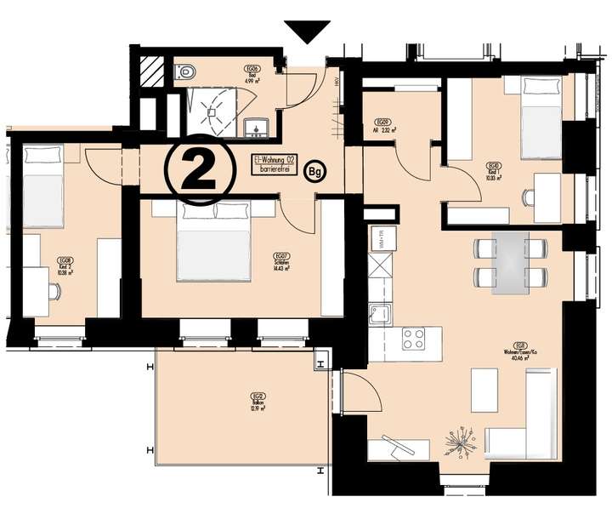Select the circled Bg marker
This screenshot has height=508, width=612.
point(315,171)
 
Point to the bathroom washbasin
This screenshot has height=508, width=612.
point(256,128)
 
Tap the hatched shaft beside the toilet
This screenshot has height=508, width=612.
point(154,69)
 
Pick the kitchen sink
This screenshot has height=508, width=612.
point(377,312)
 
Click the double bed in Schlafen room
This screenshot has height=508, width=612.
point(214,243)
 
